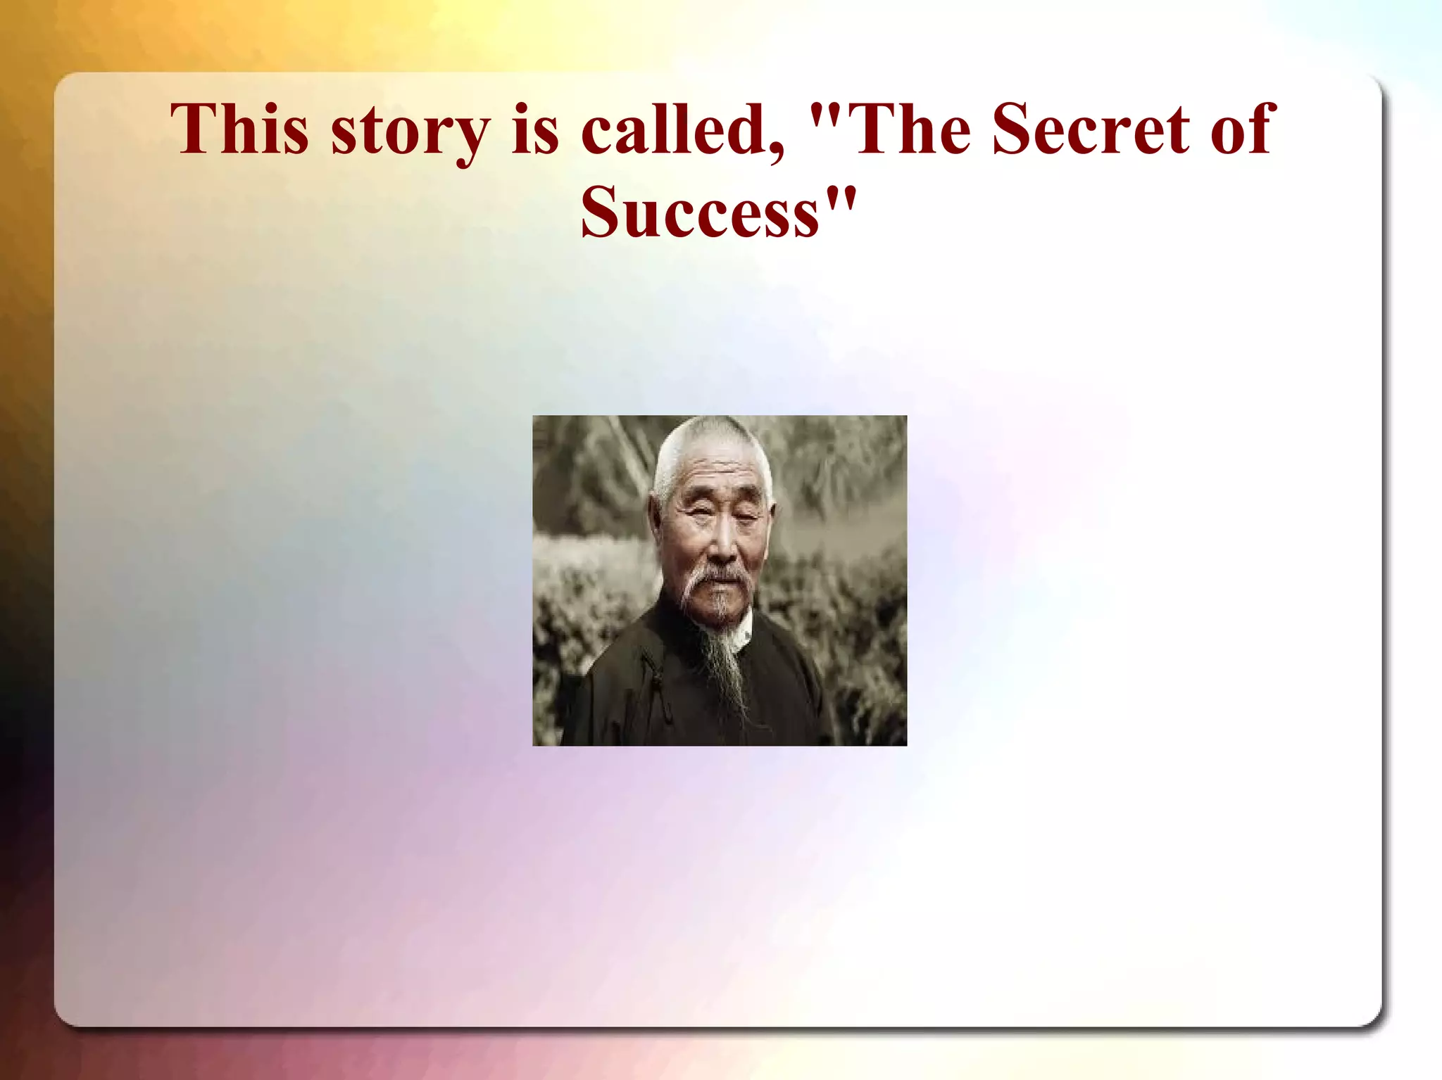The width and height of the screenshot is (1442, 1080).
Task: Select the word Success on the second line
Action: click(x=700, y=212)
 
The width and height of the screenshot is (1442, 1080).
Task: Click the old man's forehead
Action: click(x=711, y=478)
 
